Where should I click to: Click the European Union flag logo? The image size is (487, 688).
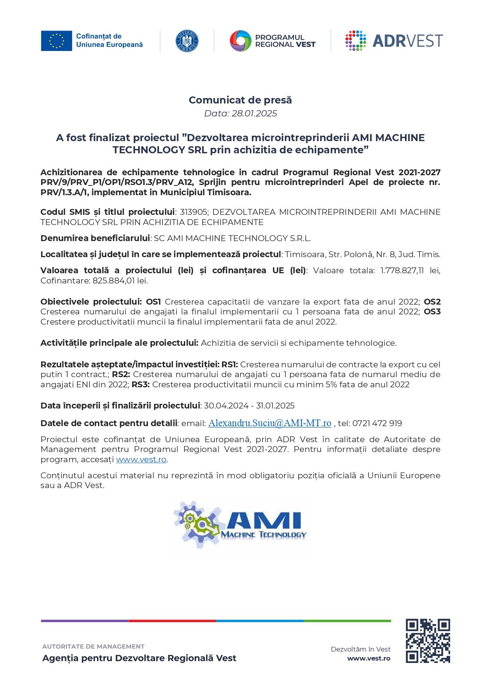point(57,41)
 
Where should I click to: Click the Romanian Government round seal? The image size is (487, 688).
point(187,41)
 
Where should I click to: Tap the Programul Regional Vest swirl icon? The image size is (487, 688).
point(240,41)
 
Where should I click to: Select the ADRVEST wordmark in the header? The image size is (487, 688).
point(407,41)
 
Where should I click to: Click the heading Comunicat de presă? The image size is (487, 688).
point(240,100)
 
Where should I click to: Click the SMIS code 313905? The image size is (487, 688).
point(193,212)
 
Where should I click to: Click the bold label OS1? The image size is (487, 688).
point(153,302)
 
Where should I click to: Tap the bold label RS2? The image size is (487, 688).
point(121,374)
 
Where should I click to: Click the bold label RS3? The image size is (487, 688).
point(140,385)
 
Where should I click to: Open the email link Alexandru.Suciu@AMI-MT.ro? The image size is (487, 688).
point(270,423)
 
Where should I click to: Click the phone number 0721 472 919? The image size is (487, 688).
point(377,423)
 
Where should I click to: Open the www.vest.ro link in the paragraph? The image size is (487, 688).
point(141,459)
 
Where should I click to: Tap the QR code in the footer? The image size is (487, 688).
point(427,641)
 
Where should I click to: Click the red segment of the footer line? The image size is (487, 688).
point(172,621)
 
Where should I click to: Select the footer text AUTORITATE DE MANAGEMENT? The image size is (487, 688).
point(93,646)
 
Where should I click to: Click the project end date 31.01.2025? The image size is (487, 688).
point(275,406)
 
